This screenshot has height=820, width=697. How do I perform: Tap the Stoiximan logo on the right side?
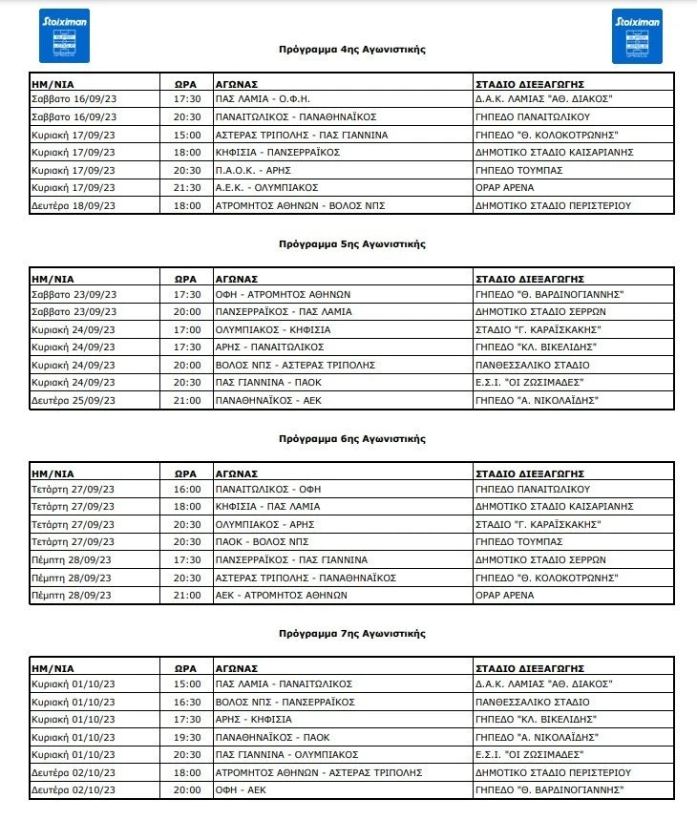tap(637, 35)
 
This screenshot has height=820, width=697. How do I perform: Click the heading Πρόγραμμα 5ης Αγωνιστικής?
tap(351, 243)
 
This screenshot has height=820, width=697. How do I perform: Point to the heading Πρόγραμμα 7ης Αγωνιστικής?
tap(351, 633)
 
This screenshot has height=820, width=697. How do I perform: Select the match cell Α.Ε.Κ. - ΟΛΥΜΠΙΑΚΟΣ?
tap(266, 187)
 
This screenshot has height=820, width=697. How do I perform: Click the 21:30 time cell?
tap(186, 187)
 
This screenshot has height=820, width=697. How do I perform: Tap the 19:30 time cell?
tap(186, 737)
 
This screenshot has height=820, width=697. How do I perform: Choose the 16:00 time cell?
tap(186, 489)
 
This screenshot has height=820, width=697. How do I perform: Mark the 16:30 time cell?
tap(186, 702)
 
